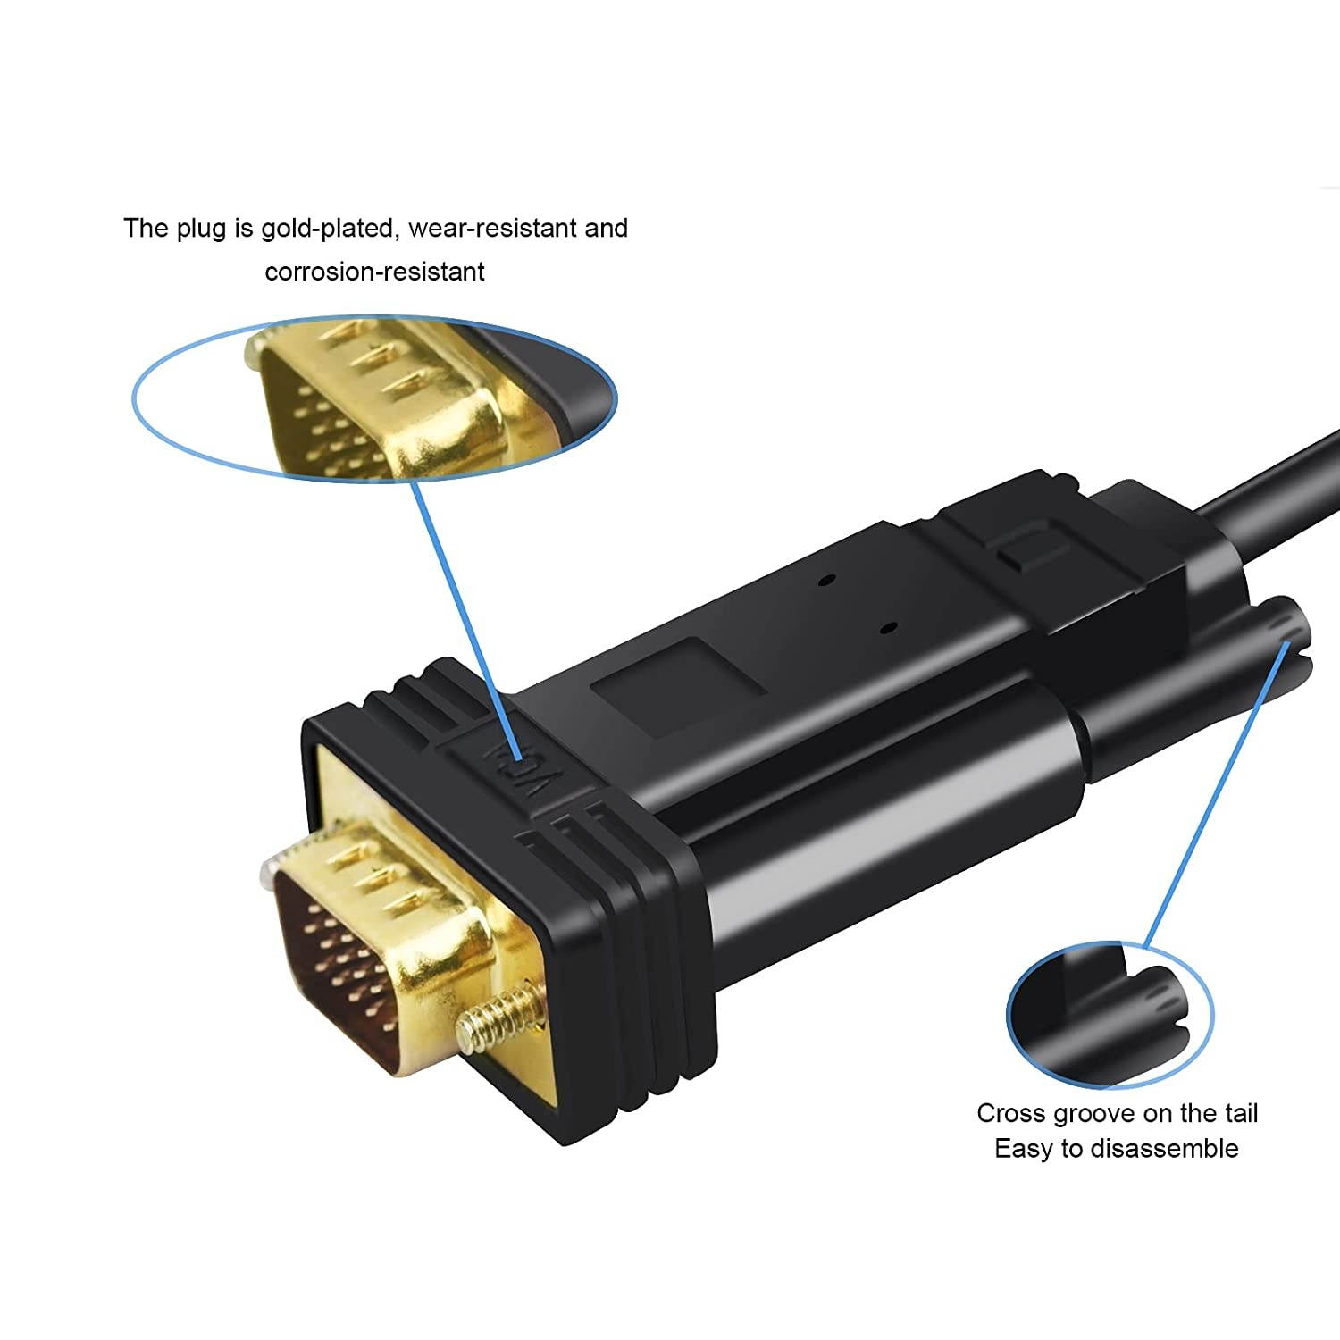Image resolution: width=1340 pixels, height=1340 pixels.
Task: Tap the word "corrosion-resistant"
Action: click(374, 271)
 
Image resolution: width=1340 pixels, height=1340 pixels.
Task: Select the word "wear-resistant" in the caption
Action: click(493, 229)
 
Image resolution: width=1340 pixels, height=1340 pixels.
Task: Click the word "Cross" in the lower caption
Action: click(1011, 1113)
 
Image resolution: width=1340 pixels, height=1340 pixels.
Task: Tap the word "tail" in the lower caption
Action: click(1238, 1113)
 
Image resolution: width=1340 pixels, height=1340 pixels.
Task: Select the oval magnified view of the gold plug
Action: click(375, 398)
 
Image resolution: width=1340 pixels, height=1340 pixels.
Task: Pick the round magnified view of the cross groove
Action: click(1110, 1015)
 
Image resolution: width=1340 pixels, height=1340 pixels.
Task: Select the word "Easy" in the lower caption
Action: click(1025, 1149)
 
